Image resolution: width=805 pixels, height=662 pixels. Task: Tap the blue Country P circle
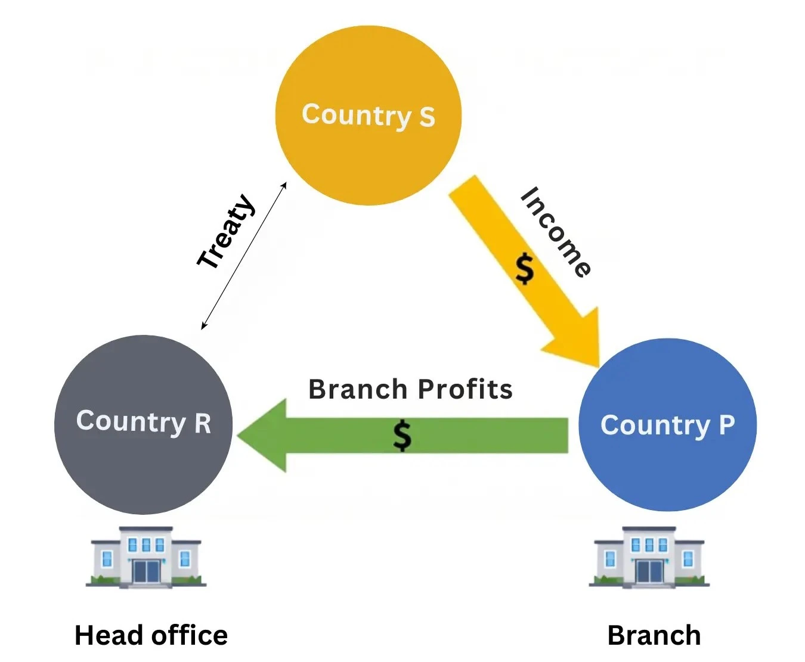[x=667, y=471]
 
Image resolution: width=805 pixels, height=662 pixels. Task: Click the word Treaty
[x=227, y=231]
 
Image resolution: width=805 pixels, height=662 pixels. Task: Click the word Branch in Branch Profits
[x=358, y=389]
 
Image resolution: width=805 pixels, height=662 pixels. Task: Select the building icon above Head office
[x=146, y=557]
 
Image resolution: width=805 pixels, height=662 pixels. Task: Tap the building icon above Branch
[x=649, y=557]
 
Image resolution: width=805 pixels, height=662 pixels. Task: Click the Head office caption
[x=151, y=635]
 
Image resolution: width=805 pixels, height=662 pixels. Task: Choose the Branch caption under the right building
[x=654, y=635]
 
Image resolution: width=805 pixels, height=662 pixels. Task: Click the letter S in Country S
[x=427, y=117]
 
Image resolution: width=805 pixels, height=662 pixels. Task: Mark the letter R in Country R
[x=203, y=424]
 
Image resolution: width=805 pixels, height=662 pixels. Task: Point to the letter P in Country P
[x=727, y=425]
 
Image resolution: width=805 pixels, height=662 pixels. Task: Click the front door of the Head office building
[x=146, y=572]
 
